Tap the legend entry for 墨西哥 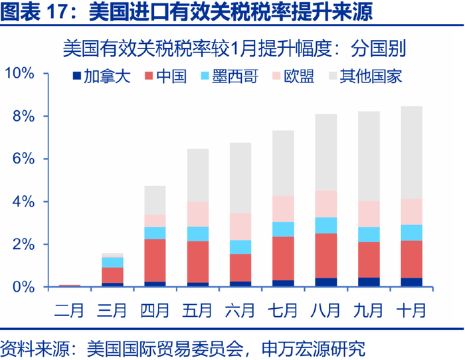pyautogui.click(x=235, y=75)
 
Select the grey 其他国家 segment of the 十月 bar pyautogui.click(x=411, y=152)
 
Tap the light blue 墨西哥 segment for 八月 pyautogui.click(x=325, y=225)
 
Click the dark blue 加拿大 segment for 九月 pyautogui.click(x=369, y=282)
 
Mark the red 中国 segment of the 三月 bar pyautogui.click(x=112, y=275)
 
